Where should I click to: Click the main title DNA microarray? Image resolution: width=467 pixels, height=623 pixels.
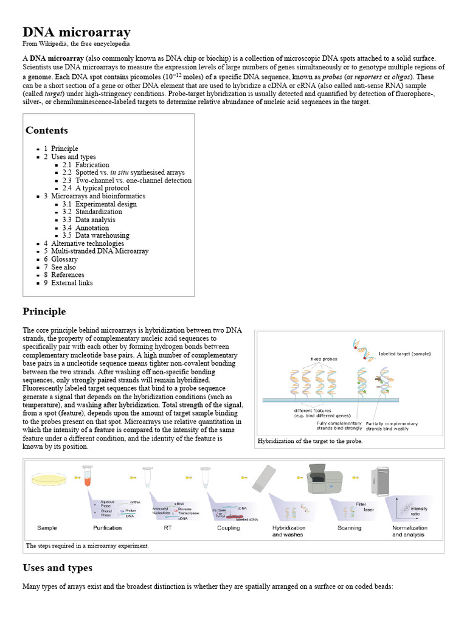point(77,32)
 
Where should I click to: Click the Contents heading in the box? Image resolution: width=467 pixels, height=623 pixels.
point(47,130)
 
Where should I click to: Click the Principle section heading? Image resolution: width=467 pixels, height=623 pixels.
point(44,311)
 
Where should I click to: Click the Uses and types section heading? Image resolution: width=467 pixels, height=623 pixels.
point(57,568)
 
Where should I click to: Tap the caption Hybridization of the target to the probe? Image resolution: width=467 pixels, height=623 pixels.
point(310,441)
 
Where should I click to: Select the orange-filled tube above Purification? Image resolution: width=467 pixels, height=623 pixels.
point(87,475)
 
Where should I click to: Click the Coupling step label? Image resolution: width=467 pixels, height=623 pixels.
point(229,528)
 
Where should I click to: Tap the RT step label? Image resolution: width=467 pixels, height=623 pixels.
point(168,528)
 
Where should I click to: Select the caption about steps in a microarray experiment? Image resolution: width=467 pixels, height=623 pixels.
point(88,546)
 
